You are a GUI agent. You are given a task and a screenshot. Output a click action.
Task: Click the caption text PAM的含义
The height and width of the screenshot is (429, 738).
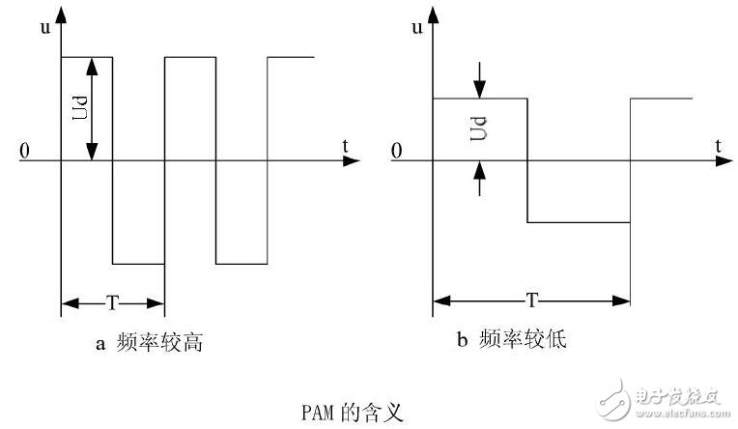pos(349,412)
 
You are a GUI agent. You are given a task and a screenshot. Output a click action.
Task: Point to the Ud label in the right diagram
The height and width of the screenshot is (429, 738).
pos(478,129)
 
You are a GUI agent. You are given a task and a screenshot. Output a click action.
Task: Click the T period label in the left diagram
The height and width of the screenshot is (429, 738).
pos(112,303)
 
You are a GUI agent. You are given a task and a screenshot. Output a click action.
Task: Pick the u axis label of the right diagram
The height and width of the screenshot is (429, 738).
pos(416,28)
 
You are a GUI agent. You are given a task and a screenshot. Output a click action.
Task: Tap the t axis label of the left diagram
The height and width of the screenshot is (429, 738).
pos(345,146)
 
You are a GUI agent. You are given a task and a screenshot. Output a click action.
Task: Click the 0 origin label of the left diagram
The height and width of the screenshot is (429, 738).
pos(24,152)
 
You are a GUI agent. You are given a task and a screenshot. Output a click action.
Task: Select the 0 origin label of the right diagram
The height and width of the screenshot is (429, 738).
pos(395,152)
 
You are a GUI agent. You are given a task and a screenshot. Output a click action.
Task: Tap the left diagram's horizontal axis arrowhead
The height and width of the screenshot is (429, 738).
pos(355,160)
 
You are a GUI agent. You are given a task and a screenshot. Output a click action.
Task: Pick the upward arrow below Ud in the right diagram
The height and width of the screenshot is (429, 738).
pos(479,174)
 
